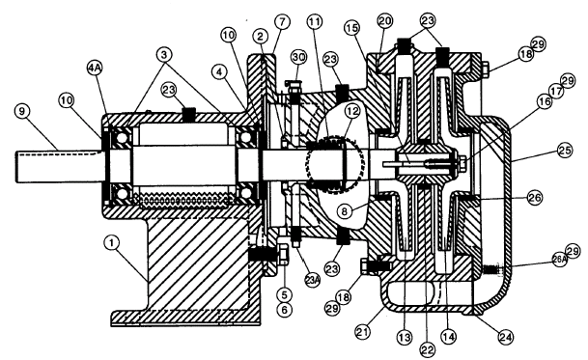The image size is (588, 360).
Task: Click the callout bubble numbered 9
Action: tap(23, 111)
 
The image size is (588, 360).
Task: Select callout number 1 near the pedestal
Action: tap(111, 243)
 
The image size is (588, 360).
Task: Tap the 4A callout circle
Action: tap(95, 69)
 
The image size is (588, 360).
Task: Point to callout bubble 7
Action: tap(282, 22)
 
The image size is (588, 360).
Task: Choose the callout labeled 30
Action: tap(299, 57)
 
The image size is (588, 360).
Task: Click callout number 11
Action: tap(314, 22)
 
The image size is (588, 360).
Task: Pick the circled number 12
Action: tap(351, 111)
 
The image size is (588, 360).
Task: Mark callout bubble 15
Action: tap(351, 28)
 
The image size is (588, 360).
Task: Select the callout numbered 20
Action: tap(384, 21)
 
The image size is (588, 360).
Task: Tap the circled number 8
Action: tap(345, 211)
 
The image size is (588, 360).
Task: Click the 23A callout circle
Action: tap(313, 280)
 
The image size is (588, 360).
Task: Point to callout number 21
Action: tap(363, 332)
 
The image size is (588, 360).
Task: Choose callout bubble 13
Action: tap(405, 337)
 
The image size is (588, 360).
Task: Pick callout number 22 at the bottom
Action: tap(427, 349)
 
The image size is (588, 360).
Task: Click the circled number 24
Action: tap(505, 337)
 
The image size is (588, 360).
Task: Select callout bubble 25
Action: tap(565, 151)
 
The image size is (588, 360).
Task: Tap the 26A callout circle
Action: tap(559, 259)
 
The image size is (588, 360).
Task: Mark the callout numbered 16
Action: tap(545, 101)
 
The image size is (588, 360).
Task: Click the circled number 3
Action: tap(164, 55)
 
